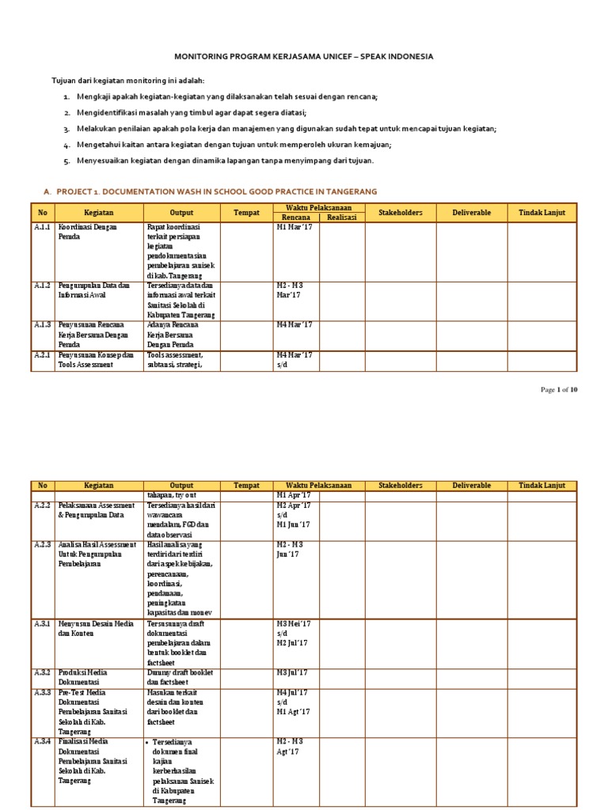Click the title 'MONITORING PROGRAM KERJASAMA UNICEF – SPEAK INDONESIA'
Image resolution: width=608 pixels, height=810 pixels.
coord(304,57)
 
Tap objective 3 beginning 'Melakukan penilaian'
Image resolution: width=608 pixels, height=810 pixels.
coord(286,128)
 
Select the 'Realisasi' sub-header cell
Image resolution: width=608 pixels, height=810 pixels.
coord(341,217)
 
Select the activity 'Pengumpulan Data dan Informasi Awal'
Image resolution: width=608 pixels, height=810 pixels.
coord(93,290)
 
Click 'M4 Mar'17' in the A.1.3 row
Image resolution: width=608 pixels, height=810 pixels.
coord(294,324)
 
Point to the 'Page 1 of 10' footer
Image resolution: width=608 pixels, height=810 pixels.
coord(559,390)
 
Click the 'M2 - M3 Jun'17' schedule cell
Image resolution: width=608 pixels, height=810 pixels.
coord(291,550)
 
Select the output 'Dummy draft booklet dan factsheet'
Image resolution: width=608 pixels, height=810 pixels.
coord(180,676)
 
